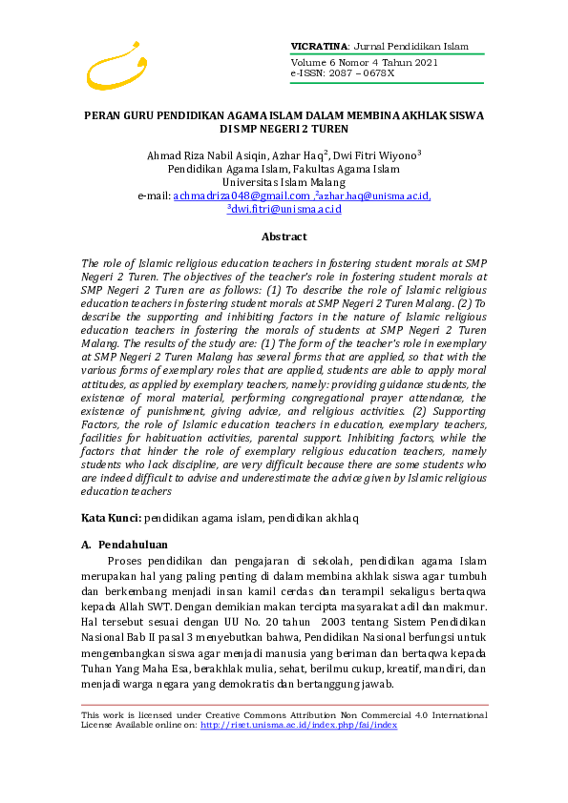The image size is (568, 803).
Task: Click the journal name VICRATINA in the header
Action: click(x=320, y=46)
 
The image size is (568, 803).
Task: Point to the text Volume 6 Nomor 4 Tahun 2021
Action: click(x=364, y=63)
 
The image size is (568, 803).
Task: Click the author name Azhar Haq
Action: click(x=296, y=154)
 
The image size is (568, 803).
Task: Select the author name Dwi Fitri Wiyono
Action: click(x=377, y=154)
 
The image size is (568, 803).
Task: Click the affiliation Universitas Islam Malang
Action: click(x=284, y=182)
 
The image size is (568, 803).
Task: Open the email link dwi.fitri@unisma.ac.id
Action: click(x=285, y=210)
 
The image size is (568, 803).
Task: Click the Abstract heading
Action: click(x=284, y=237)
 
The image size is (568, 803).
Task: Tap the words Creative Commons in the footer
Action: click(x=279, y=715)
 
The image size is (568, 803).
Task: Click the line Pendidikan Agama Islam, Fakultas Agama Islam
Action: click(x=284, y=169)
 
